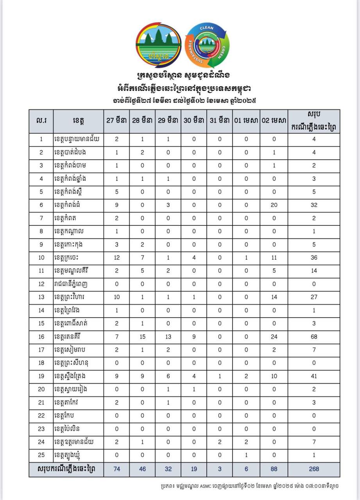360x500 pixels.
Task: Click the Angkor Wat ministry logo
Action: coord(158,45)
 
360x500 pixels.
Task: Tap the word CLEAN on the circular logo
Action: coord(206,29)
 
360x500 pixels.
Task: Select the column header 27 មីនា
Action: coord(116,121)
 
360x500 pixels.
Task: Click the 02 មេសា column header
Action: coord(274,121)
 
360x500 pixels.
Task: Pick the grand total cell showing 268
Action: coord(314,469)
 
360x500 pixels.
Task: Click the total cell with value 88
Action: coord(274,469)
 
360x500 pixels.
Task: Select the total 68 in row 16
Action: coord(314,337)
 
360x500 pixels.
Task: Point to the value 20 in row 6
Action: coord(274,205)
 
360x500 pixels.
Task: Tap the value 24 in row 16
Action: coord(274,337)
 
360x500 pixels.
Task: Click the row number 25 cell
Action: coord(41,455)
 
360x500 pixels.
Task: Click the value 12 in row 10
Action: coord(116,258)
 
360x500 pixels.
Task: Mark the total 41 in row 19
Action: coord(314,376)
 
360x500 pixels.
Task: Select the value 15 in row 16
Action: coord(142,337)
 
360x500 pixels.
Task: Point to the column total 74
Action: coord(116,469)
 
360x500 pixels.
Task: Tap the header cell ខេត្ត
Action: coord(79,121)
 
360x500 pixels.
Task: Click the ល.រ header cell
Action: coord(41,121)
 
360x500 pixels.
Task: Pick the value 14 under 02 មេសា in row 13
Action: coord(274,297)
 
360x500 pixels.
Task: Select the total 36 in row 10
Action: coord(314,258)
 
